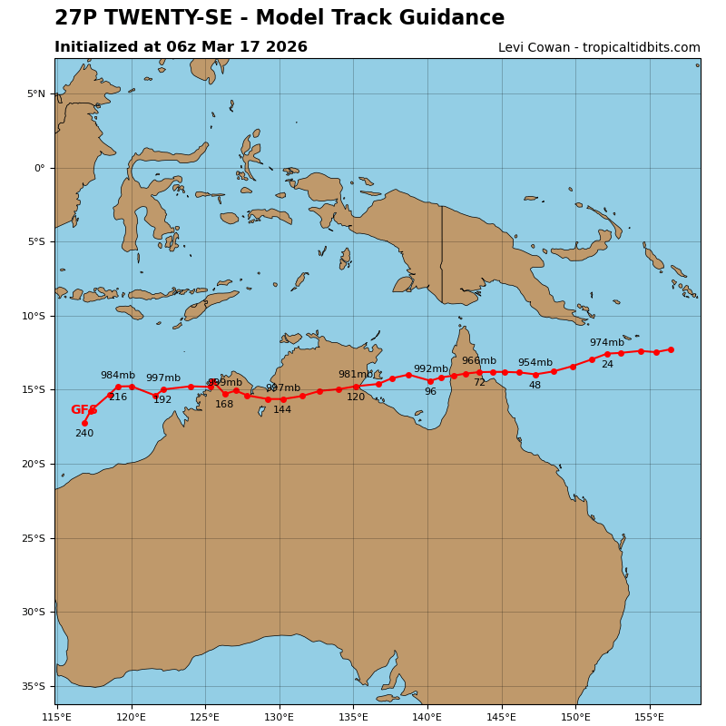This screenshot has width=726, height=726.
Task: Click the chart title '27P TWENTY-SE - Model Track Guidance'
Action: [x=280, y=18]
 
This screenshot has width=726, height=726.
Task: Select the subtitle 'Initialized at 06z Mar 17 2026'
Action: [x=181, y=47]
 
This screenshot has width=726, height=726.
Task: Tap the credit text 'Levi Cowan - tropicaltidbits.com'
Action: [x=599, y=48]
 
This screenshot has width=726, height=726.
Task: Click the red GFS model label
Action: [x=83, y=410]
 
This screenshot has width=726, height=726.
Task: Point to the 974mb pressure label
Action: [x=606, y=343]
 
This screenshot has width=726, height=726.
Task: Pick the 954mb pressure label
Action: [x=535, y=363]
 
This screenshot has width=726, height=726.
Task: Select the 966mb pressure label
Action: [x=478, y=361]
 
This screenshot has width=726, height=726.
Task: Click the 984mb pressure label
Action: [x=117, y=376]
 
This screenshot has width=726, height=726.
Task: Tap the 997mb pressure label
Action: [x=163, y=378]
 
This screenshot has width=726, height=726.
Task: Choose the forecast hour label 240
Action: [x=84, y=434]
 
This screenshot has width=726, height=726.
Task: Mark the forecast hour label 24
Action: [x=607, y=365]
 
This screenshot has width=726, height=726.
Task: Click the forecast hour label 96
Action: [x=430, y=392]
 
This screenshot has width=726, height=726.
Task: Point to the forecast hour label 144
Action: [x=282, y=410]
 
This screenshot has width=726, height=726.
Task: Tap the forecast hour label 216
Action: [x=118, y=397]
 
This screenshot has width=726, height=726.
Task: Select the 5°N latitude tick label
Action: [x=35, y=93]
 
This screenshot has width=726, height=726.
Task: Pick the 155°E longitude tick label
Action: [x=649, y=717]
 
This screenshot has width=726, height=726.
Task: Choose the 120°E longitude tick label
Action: [x=132, y=717]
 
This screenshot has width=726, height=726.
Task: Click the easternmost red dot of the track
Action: [x=671, y=349]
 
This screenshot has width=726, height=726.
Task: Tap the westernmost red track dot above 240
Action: [x=84, y=423]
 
